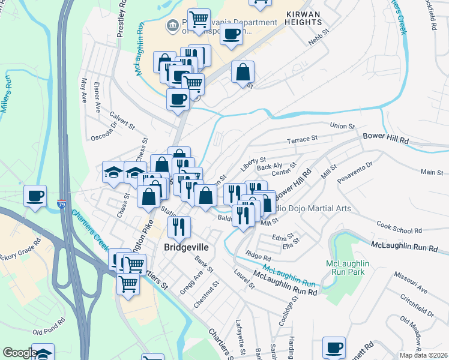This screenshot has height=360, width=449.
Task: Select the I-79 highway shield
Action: (62, 204)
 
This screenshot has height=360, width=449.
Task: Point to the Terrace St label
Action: (301, 139)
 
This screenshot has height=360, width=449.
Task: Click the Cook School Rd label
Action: (400, 230)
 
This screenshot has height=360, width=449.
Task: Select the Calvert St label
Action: (122, 120)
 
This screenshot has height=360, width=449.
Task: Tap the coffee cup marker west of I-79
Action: (35, 196)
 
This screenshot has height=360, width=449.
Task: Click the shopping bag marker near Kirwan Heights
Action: (243, 72)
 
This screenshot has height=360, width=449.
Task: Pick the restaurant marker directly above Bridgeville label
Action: (179, 226)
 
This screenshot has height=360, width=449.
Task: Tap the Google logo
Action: (19, 353)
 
